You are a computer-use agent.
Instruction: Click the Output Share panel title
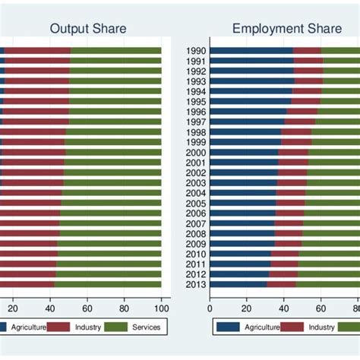click(88, 29)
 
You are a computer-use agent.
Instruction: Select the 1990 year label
click(195, 51)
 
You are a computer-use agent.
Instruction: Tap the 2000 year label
click(195, 153)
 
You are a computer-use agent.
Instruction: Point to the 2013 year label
click(195, 285)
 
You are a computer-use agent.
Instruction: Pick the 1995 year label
click(195, 102)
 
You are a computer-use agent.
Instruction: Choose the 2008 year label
click(195, 234)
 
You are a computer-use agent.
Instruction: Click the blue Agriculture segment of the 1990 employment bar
click(251, 51)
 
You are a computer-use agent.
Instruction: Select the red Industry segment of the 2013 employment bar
click(281, 285)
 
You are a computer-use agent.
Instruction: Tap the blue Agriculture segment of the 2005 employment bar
click(242, 204)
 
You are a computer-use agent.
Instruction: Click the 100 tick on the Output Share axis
click(161, 308)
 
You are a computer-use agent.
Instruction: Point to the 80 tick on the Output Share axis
click(124, 308)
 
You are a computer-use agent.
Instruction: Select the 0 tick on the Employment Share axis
click(210, 308)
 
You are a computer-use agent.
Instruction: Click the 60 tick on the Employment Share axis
click(321, 308)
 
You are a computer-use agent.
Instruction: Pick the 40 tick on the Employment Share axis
click(283, 308)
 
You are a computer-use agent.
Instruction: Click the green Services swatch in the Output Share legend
click(115, 327)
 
